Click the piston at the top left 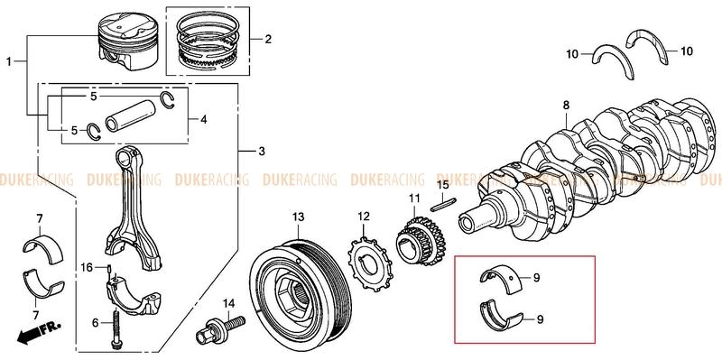click(128, 42)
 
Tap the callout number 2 click(268, 39)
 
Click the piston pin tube click(129, 115)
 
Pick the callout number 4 click(204, 120)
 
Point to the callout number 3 click(262, 151)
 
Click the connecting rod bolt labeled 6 click(115, 327)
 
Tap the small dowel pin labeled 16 click(109, 268)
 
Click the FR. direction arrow click(39, 332)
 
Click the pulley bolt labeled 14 click(220, 328)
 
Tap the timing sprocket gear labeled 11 click(421, 241)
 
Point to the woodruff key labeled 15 click(443, 204)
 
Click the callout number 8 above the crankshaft click(566, 106)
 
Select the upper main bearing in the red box click(500, 277)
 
